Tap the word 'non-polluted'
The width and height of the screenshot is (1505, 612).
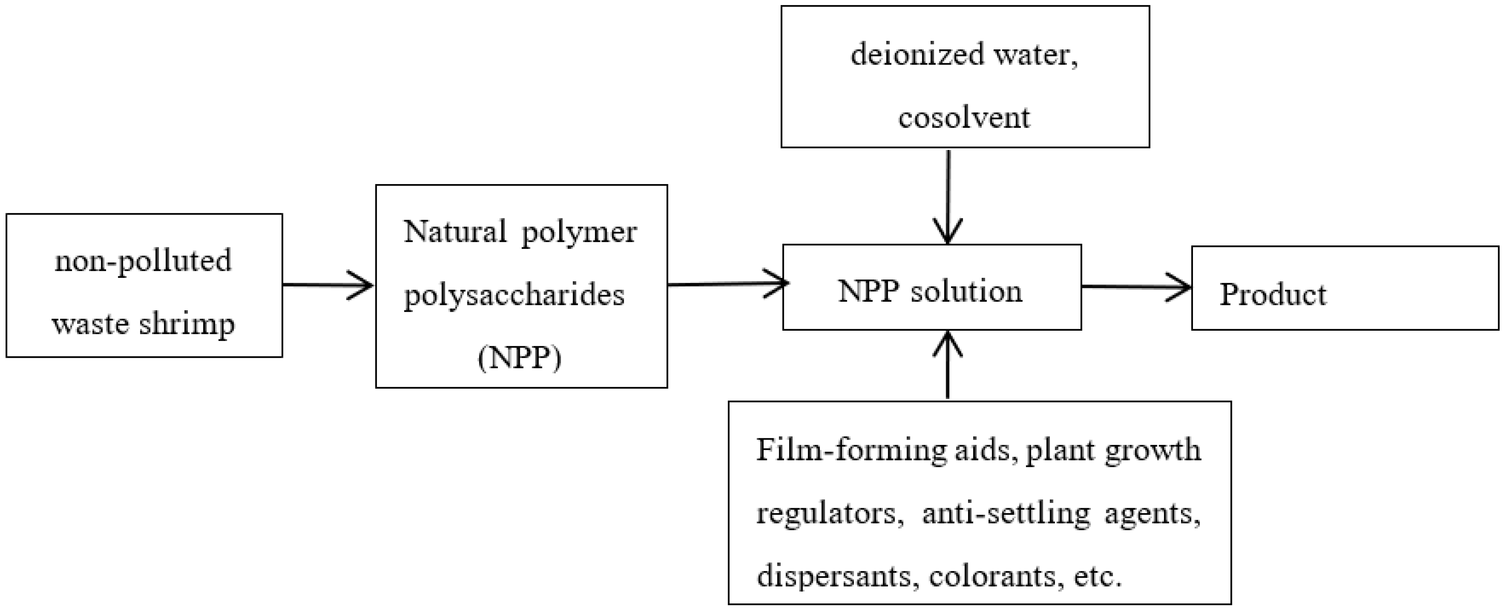tap(143, 261)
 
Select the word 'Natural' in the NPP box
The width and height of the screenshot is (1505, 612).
tap(454, 232)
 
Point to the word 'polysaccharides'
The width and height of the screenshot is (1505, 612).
tap(514, 294)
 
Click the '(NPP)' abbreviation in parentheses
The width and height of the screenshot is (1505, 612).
tap(520, 358)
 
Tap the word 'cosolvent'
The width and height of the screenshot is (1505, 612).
tap(964, 117)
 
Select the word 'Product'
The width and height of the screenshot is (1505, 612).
tap(1272, 294)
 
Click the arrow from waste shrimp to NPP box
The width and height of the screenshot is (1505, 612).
tap(328, 285)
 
